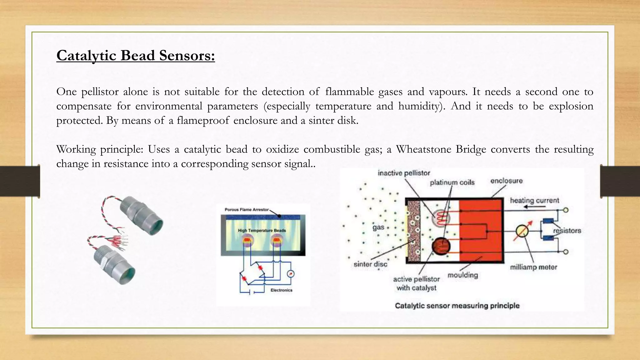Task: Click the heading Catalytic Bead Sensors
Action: (x=136, y=56)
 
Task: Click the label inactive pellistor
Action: (x=404, y=173)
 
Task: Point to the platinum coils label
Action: (x=452, y=182)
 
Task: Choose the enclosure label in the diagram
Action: (x=506, y=181)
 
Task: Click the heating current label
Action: (x=534, y=200)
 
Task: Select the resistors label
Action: (x=567, y=231)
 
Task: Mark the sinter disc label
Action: (x=370, y=264)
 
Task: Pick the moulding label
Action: (x=463, y=275)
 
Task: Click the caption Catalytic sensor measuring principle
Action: (x=457, y=306)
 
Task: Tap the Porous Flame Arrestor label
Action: (x=247, y=210)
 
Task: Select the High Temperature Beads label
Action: (x=262, y=231)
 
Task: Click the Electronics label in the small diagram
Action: (x=281, y=290)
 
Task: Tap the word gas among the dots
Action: (x=378, y=227)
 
